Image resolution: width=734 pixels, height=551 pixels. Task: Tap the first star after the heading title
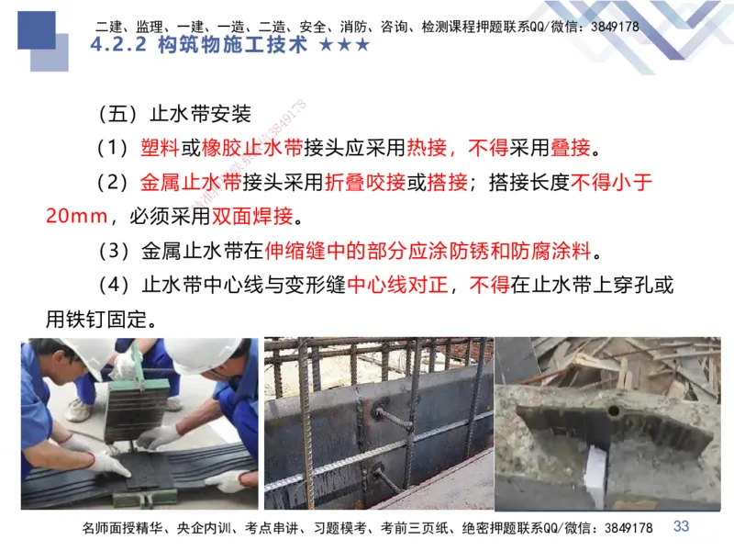click(327, 45)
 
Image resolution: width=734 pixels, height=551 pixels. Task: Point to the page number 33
click(681, 526)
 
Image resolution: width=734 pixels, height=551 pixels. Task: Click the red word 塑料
click(160, 147)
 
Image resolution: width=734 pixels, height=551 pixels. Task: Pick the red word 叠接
click(570, 147)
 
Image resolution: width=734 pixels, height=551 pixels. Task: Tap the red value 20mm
click(77, 217)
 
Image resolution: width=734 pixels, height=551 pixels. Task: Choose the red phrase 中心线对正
click(396, 286)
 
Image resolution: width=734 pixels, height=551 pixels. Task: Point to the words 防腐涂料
click(559, 251)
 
